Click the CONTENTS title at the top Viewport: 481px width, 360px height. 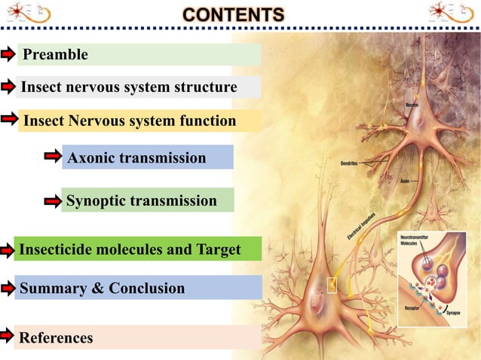click(234, 15)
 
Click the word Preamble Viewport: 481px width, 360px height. click(56, 54)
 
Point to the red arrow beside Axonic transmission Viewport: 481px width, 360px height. click(53, 157)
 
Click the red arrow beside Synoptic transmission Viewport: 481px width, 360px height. click(53, 201)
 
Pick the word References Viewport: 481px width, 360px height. click(56, 337)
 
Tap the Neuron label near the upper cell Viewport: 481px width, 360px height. click(412, 105)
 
